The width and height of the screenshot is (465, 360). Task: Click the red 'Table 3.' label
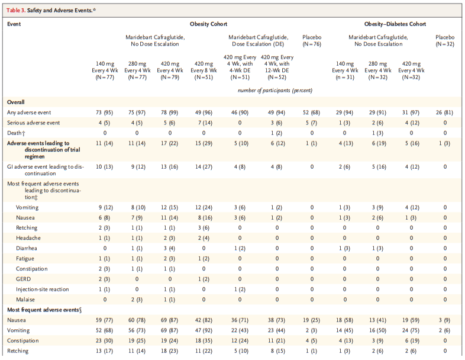tap(16, 11)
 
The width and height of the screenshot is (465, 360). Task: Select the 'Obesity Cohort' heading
tap(208, 24)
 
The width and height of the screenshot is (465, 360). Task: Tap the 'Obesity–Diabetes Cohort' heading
tap(395, 24)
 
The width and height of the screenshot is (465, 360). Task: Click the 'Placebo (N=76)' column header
tap(312, 41)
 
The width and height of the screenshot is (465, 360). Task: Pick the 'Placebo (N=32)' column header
tap(445, 41)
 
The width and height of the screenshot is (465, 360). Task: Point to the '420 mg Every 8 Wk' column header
tap(204, 70)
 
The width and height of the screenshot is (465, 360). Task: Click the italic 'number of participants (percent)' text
tap(275, 91)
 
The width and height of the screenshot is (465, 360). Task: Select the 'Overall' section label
tap(16, 102)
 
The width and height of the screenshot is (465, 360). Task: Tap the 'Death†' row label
tap(15, 133)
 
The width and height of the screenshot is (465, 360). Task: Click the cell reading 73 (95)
tap(104, 112)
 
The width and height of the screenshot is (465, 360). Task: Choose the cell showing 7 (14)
tap(204, 123)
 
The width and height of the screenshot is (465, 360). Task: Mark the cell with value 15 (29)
tap(204, 143)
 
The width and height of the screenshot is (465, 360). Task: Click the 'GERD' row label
tap(24, 279)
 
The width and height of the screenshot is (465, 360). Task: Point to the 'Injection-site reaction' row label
tap(43, 290)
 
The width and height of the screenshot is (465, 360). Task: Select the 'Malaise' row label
tap(25, 300)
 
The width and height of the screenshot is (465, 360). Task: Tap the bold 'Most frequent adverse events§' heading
tap(44, 310)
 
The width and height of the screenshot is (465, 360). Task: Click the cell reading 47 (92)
tap(204, 330)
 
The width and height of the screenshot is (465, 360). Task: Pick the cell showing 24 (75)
tap(411, 330)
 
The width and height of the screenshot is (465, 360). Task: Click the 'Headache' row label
tap(28, 238)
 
